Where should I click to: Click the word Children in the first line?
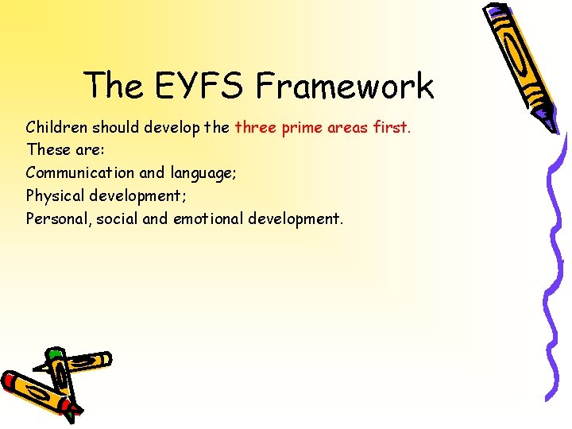56,127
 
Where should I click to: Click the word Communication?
80,172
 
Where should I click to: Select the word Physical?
56,195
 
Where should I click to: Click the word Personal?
59,218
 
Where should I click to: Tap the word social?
118,218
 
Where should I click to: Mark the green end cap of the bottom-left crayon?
55,353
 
